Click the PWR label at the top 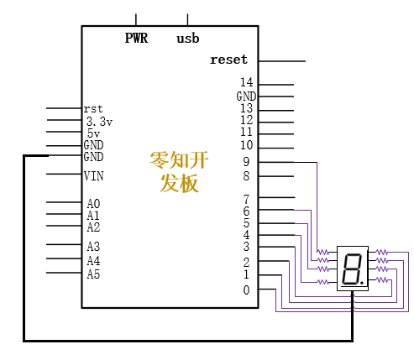point(136,38)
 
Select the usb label point(188,39)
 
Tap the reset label point(229,60)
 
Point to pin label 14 point(247,82)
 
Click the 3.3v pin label point(99,122)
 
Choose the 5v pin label point(93,133)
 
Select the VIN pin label point(94,176)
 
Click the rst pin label point(93,109)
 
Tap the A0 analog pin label point(93,204)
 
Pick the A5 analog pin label point(93,274)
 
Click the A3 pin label point(93,247)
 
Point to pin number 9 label point(246,162)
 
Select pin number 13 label point(247,108)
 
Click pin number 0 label point(246,290)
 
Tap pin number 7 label point(246,200)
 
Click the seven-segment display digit point(352,269)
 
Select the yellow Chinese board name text point(180,172)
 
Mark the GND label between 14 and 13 point(246,97)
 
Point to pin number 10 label point(247,145)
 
